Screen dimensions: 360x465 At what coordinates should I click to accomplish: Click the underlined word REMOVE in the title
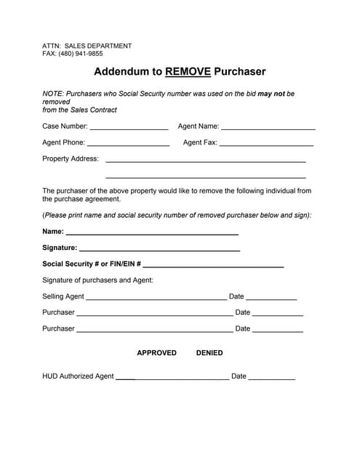(188, 72)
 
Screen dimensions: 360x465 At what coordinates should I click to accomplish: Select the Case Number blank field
(129, 128)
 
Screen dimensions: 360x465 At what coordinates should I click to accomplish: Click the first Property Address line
(206, 161)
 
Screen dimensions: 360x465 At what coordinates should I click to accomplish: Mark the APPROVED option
(156, 353)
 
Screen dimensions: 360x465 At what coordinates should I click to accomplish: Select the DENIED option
(209, 353)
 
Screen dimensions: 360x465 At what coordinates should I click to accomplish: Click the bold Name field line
(152, 234)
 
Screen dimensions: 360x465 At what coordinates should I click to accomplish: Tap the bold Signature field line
(159, 249)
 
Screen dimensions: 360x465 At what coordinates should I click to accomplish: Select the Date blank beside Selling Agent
(272, 298)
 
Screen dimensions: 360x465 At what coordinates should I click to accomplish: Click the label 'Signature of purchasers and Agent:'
(97, 280)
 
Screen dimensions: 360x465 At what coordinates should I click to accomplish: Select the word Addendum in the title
(120, 72)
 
